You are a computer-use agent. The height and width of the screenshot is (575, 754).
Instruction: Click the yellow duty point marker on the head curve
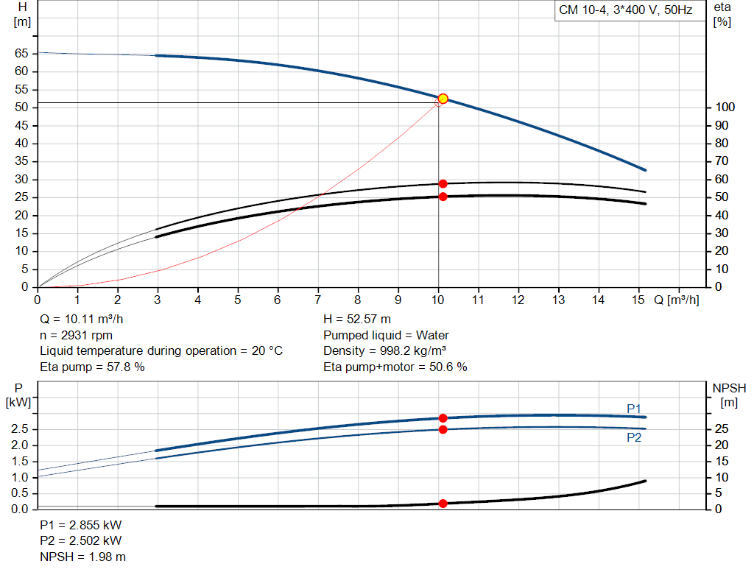[443, 99]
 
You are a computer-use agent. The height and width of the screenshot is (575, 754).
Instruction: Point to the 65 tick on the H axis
[21, 53]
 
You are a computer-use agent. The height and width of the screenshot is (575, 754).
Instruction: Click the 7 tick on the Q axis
[318, 300]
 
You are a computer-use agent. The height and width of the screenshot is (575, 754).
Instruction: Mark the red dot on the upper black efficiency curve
[443, 184]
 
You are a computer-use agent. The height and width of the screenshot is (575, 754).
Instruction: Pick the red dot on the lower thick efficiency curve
[443, 197]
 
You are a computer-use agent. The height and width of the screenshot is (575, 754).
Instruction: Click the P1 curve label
[634, 409]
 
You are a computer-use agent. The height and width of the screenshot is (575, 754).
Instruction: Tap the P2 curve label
[634, 437]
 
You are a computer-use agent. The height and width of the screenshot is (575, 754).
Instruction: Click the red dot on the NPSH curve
[443, 504]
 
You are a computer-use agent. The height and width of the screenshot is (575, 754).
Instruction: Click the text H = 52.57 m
[358, 320]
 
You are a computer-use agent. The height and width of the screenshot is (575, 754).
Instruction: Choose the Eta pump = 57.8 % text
[92, 367]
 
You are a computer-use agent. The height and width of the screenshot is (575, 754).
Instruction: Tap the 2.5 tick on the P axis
[21, 428]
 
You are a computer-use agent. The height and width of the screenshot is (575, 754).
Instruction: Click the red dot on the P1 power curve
[443, 418]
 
